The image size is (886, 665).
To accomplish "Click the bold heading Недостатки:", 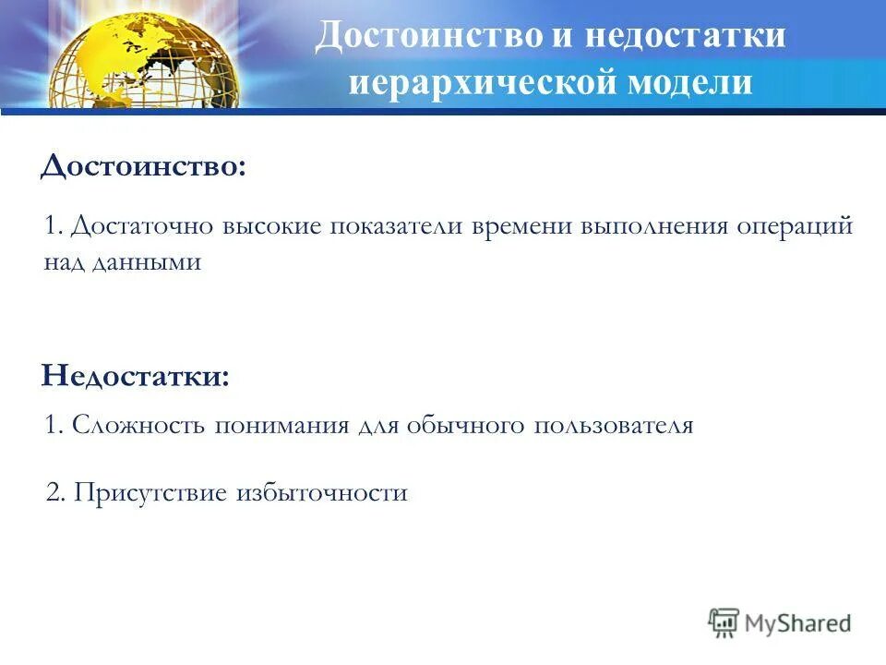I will click(x=135, y=376).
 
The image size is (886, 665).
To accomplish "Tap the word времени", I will click(x=521, y=227).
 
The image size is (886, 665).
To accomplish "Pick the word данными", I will click(x=146, y=262).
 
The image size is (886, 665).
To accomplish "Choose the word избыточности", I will click(x=322, y=492).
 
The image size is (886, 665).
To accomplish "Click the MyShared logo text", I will click(x=799, y=623).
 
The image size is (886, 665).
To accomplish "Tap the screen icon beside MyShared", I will click(x=724, y=623).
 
